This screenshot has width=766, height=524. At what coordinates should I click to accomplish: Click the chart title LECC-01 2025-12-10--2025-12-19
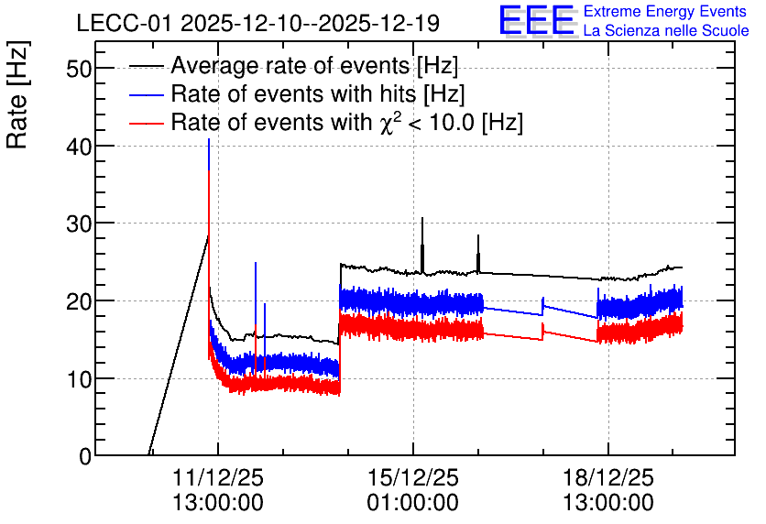coord(258,24)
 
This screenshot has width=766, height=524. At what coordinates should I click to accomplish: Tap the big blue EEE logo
coord(537,20)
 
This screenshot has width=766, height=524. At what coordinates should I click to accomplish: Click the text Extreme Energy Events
coord(665,11)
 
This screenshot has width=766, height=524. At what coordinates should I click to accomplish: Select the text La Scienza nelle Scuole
coord(666,30)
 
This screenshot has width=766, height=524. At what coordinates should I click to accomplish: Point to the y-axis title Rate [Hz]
coord(17,94)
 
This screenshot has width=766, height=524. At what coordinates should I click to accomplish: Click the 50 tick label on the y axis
coord(79,69)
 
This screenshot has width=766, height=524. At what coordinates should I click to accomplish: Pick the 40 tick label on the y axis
coord(79,146)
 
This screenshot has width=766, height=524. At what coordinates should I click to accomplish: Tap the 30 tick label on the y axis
coord(79,224)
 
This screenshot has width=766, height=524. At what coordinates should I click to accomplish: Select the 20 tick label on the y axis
coord(79,301)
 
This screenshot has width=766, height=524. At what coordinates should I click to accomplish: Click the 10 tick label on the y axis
coord(79,379)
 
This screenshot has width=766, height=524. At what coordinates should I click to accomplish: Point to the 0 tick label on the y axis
coord(85,456)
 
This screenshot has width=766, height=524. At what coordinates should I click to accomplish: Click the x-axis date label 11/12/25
coord(218,477)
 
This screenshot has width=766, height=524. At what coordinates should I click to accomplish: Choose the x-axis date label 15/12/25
coord(413,477)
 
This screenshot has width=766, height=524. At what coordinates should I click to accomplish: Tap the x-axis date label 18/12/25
coord(608,477)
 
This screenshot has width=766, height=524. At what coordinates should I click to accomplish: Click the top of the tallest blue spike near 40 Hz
coord(209,139)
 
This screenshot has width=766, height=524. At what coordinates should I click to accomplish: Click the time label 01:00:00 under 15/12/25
coord(413,503)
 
